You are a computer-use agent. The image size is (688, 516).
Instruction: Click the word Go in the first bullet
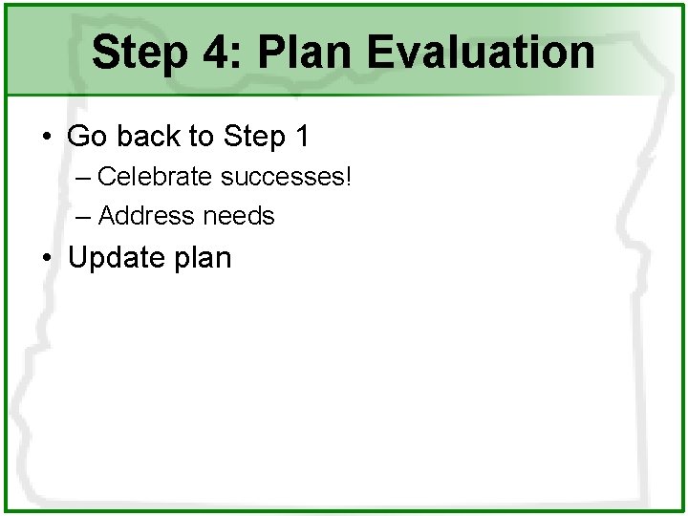pyautogui.click(x=86, y=137)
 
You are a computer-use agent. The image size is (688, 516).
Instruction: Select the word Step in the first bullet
pyautogui.click(x=254, y=137)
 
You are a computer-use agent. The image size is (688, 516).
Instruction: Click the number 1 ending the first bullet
pyautogui.click(x=302, y=137)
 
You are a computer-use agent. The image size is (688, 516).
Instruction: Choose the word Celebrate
pyautogui.click(x=156, y=177)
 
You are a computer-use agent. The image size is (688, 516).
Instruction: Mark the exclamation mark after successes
pyautogui.click(x=349, y=177)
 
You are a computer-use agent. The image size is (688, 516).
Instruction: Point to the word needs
pyautogui.click(x=238, y=217)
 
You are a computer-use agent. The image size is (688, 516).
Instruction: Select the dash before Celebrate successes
pyautogui.click(x=83, y=178)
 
